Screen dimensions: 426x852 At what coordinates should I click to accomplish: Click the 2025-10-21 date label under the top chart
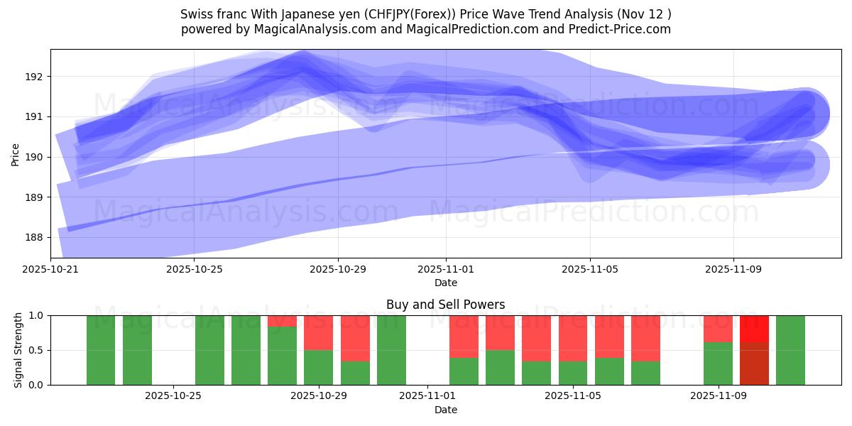coord(50,270)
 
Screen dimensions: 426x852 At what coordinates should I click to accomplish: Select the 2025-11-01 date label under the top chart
coord(446,270)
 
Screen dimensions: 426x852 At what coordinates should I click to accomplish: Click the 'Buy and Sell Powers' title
coord(445,305)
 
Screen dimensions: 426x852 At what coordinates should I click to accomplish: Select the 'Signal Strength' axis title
coord(18,350)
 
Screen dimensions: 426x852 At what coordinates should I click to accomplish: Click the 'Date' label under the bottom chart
coord(445,410)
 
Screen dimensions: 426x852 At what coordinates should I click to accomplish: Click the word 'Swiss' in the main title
coord(196,14)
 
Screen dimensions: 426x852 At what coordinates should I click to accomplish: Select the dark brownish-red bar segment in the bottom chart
coord(754,364)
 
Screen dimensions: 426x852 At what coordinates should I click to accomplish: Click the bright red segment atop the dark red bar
coord(754,329)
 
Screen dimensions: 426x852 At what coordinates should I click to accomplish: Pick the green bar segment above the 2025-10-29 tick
coord(319,367)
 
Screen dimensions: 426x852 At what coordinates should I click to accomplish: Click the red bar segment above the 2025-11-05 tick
coord(573,339)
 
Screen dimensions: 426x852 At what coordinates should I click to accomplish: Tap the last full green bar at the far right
coord(790,350)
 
